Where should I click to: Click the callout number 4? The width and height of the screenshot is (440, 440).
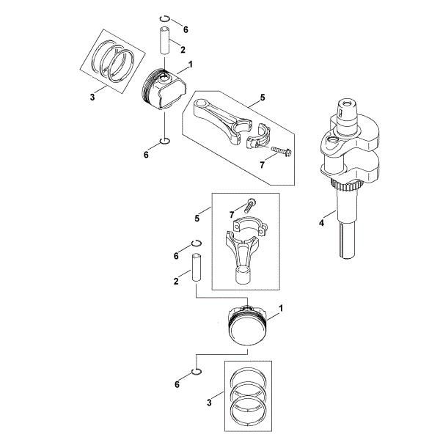pyautogui.click(x=321, y=223)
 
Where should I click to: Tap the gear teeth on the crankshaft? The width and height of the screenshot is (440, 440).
pyautogui.click(x=346, y=185)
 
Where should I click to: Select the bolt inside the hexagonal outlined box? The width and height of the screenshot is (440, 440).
pyautogui.click(x=281, y=151)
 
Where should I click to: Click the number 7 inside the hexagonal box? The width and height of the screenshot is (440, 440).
pyautogui.click(x=262, y=165)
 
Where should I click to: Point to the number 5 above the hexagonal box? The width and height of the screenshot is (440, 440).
pyautogui.click(x=263, y=98)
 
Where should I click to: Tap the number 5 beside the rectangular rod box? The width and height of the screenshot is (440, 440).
pyautogui.click(x=197, y=218)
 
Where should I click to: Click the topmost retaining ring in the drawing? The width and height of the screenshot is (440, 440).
pyautogui.click(x=165, y=18)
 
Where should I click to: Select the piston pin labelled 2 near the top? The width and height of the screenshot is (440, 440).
pyautogui.click(x=165, y=40)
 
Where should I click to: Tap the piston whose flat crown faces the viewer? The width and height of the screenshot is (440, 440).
pyautogui.click(x=248, y=325)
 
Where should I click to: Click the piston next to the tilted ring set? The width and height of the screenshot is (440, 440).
pyautogui.click(x=164, y=89)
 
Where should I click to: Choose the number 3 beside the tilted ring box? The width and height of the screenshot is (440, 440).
pyautogui.click(x=92, y=98)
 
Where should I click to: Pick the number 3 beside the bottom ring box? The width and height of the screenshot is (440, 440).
pyautogui.click(x=209, y=403)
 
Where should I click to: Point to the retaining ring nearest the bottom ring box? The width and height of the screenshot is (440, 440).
pyautogui.click(x=197, y=372)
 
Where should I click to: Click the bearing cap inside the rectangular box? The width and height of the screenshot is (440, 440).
pyautogui.click(x=251, y=225)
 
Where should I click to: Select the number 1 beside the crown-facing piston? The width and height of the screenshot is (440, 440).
pyautogui.click(x=281, y=309)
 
